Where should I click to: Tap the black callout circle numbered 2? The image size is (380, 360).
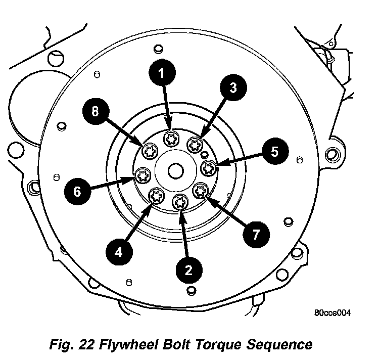tap(188, 270)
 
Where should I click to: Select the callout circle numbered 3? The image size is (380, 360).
tap(232, 87)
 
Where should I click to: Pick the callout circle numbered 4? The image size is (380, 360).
tap(118, 251)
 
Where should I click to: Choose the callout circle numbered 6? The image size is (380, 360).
tap(77, 191)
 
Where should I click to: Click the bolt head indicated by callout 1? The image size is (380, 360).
tap(170, 138)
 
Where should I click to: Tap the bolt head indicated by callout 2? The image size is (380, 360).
tap(180, 203)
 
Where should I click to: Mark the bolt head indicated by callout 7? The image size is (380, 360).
tap(201, 191)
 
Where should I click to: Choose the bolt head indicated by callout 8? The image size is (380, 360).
tap(150, 150)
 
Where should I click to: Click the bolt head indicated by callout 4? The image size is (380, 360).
tap(156, 195)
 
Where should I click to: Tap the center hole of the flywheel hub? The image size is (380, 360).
tap(175, 171)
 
